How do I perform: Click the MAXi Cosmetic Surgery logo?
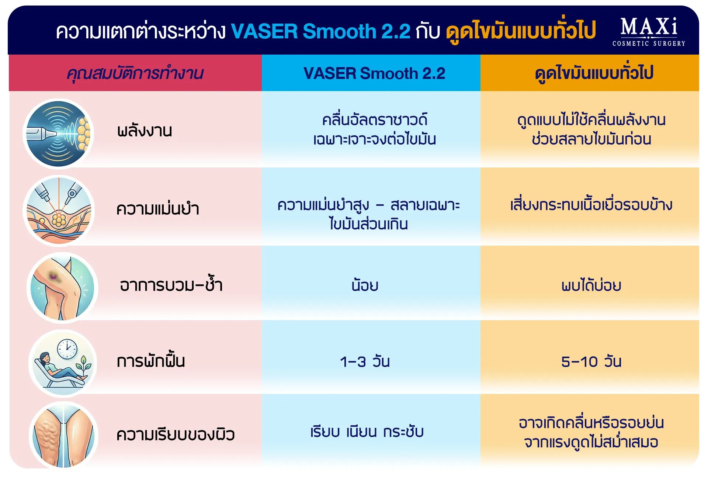click(x=649, y=32)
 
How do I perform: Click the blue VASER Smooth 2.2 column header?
click(x=374, y=73)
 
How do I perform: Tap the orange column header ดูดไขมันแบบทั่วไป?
click(x=594, y=73)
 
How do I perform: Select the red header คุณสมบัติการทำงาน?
click(x=135, y=73)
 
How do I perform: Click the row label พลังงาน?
click(x=145, y=131)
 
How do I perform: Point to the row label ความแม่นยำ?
click(x=158, y=208)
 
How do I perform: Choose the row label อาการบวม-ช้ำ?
click(x=171, y=284)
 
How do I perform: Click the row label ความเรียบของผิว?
click(x=176, y=434)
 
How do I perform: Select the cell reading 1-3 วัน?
click(x=365, y=361)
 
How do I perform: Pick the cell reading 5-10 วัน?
click(x=591, y=361)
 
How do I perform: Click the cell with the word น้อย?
click(x=365, y=284)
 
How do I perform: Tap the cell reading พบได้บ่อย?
click(x=591, y=284)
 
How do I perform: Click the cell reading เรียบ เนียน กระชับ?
click(x=367, y=432)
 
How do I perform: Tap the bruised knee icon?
click(x=62, y=288)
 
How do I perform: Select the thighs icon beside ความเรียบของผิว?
click(x=63, y=435)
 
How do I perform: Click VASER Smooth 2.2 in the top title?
click(x=320, y=31)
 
